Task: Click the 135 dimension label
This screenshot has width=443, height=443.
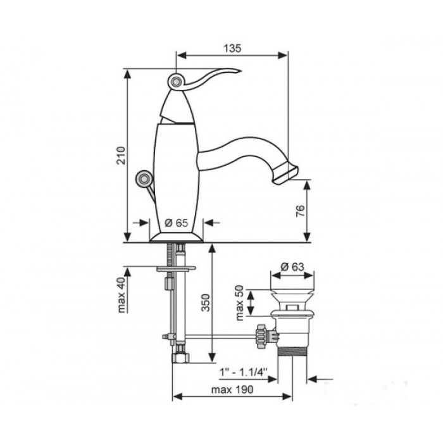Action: click(x=232, y=48)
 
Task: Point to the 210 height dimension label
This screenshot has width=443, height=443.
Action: click(x=121, y=156)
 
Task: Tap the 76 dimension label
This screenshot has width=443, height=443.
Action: click(x=301, y=211)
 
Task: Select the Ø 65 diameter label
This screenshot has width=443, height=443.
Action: click(x=176, y=223)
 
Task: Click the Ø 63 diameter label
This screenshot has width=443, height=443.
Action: click(x=292, y=266)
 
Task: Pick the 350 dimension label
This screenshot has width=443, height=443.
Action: click(x=206, y=303)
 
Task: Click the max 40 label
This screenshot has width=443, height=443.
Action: click(x=122, y=295)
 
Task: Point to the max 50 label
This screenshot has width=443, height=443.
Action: click(x=240, y=303)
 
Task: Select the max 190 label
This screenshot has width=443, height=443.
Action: click(x=232, y=390)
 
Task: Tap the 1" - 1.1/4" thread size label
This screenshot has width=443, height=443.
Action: click(x=243, y=372)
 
